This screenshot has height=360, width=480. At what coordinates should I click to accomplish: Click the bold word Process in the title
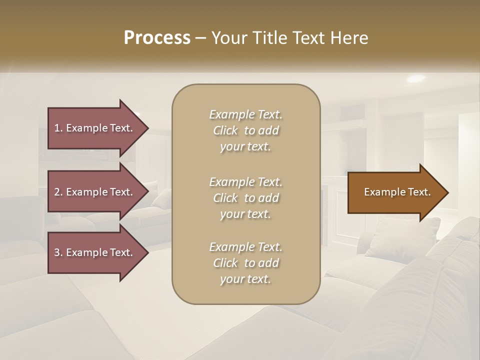[157, 38]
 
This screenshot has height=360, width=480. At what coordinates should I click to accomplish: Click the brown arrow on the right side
[395, 192]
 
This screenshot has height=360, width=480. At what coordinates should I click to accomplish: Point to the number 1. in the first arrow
[58, 128]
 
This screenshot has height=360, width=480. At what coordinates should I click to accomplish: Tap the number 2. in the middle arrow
[58, 192]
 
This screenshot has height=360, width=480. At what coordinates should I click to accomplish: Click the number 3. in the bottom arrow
[58, 252]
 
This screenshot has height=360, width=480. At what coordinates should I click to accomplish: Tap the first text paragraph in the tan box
[245, 130]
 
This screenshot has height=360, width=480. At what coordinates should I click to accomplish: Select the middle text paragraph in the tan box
[245, 197]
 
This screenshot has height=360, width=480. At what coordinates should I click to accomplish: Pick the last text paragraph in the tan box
[245, 263]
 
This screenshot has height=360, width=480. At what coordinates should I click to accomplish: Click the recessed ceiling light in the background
[415, 78]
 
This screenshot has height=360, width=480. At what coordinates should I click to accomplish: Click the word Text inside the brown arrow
[419, 192]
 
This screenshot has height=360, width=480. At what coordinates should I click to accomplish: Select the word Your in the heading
[228, 38]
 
